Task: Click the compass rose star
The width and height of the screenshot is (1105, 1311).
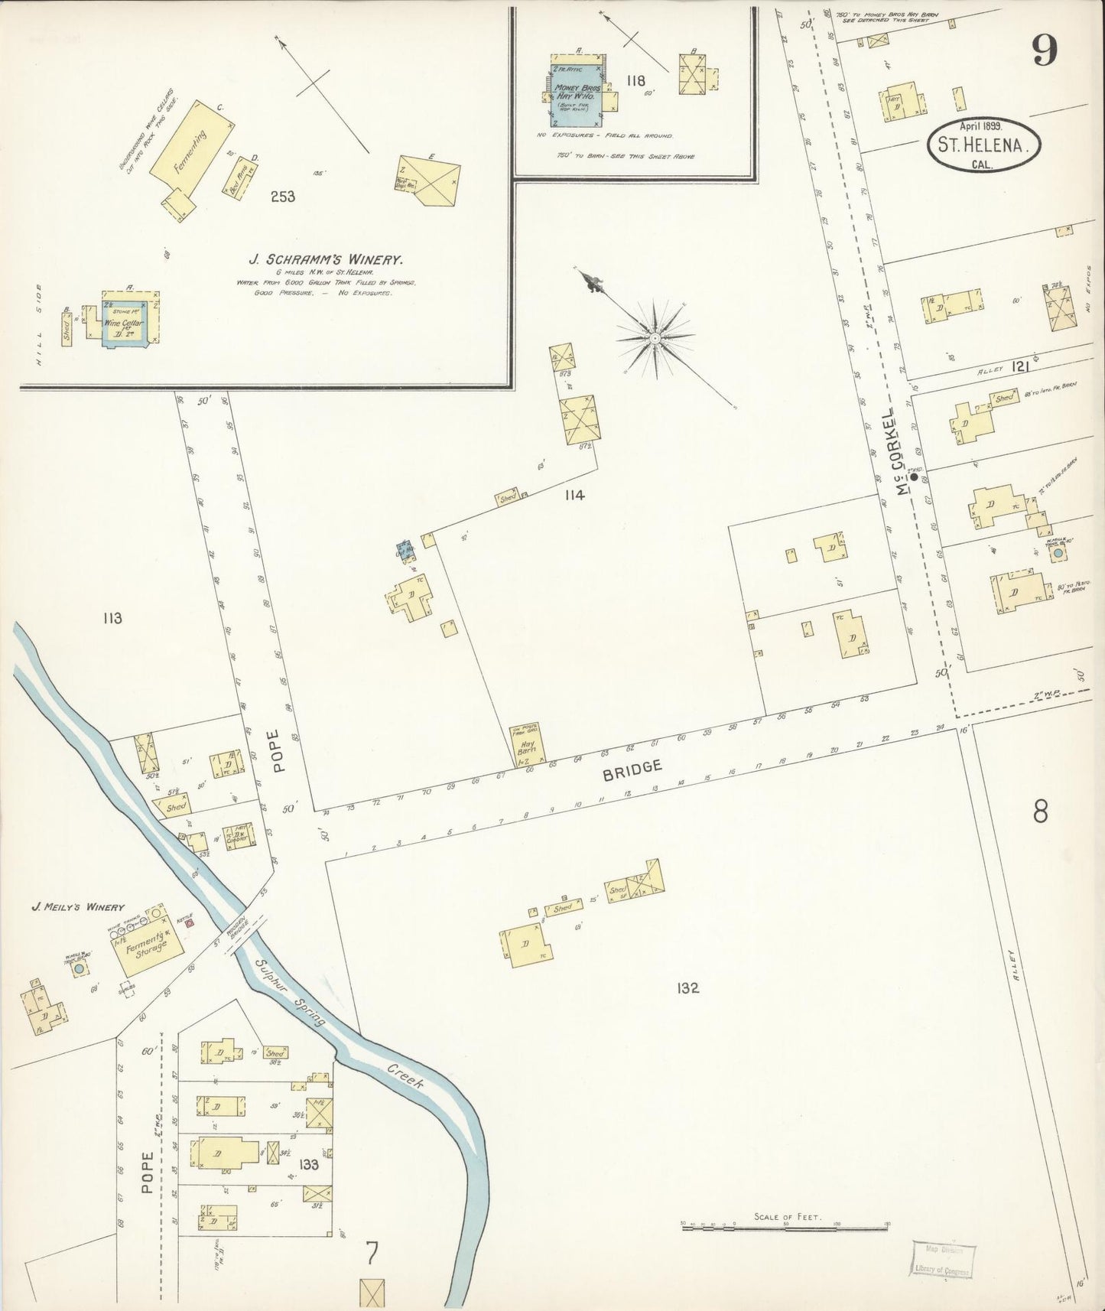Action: click(x=655, y=337)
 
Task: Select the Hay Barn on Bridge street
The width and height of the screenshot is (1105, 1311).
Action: click(x=528, y=746)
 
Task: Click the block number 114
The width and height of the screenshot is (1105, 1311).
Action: click(x=574, y=495)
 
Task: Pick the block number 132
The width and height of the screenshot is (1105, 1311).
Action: click(x=687, y=987)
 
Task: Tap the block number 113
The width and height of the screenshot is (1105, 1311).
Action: click(x=112, y=618)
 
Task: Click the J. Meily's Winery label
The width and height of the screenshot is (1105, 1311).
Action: click(x=77, y=907)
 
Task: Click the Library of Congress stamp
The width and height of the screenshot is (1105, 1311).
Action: click(x=943, y=1258)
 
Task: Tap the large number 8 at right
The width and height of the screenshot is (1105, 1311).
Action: click(x=1040, y=812)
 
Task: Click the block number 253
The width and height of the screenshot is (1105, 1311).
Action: click(x=282, y=197)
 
